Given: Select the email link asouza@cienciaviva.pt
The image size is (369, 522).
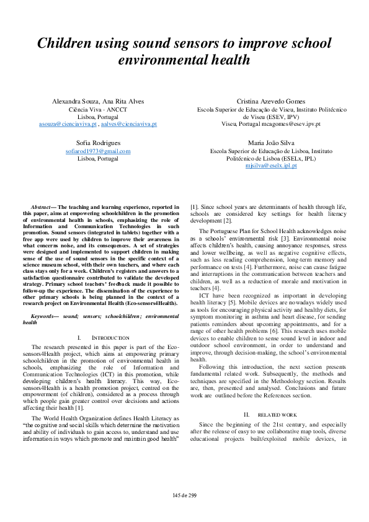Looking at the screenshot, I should [68, 124].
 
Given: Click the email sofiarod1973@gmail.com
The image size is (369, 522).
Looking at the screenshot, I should [98, 151].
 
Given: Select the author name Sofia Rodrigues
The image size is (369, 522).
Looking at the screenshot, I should [98, 143].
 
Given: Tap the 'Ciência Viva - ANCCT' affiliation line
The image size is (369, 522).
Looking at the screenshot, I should [98, 108].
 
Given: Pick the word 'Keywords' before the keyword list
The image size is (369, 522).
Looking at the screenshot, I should [43, 316].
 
